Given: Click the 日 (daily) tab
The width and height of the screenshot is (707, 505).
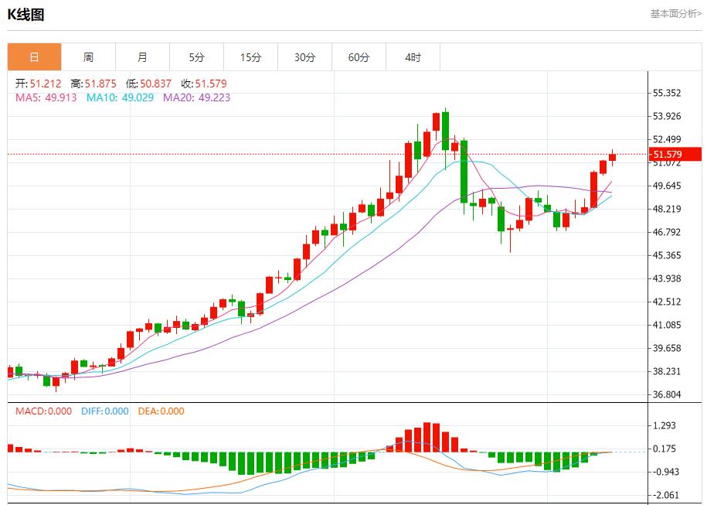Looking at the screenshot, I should pos(34,57).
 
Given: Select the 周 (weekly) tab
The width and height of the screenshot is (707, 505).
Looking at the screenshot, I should pos(88,57).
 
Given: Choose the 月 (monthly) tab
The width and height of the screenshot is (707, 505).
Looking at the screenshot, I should pos(142,57).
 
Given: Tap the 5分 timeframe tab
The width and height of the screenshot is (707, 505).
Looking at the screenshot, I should pos(196,57).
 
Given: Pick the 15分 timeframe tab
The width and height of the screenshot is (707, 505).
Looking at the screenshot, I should pos(250,57).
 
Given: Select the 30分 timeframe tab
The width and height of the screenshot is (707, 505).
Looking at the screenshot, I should pos(304,57).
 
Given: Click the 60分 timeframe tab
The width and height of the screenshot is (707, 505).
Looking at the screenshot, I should pos(359,57).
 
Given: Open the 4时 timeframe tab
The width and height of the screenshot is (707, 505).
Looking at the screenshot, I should pos(413,57).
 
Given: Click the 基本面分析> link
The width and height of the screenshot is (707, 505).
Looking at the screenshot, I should pos(675,13).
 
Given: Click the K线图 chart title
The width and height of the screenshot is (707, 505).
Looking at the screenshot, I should pos(25,14).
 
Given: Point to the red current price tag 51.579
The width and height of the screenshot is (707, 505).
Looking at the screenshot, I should pos(674,154).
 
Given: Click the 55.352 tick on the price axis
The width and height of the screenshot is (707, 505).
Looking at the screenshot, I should pos(666,93).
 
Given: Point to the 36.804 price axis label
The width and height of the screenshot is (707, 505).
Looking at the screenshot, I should pos(666,394).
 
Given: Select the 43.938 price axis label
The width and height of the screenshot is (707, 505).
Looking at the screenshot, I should pos(666,278).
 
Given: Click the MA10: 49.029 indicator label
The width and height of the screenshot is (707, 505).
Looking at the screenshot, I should pos(120,97).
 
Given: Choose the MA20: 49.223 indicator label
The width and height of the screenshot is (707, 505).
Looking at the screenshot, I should pos(196,97).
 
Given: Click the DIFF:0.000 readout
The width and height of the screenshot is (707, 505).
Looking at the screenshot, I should pos(104,411).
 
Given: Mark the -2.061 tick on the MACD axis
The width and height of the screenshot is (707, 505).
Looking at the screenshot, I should pos(666,495).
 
